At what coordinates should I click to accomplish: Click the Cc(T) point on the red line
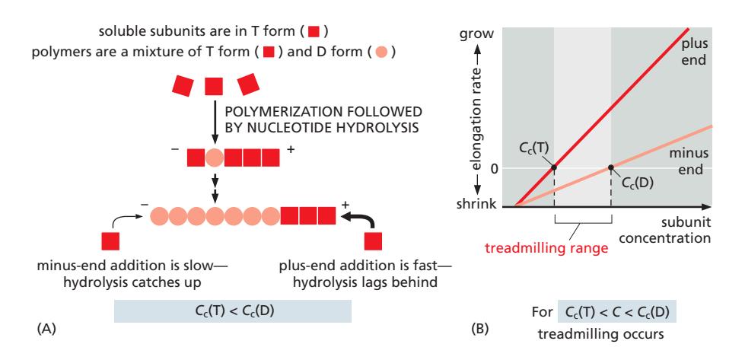point(553,167)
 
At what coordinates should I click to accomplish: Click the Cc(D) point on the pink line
point(611,167)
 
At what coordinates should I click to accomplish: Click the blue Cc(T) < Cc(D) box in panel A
point(231,310)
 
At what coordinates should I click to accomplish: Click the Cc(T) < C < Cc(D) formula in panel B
point(616,312)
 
